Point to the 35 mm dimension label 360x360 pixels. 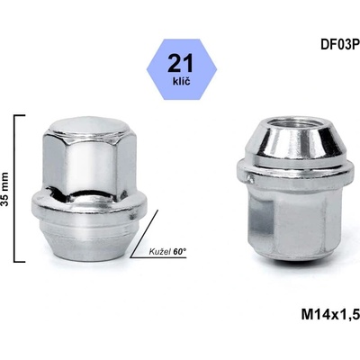6,189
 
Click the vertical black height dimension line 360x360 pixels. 15,189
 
